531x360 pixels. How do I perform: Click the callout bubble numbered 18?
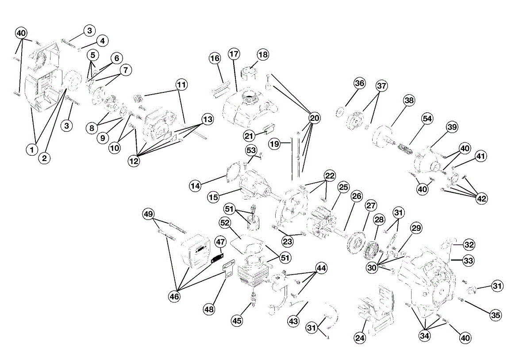pos(263,55)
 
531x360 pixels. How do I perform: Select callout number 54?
pos(427,119)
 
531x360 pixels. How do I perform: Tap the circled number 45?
pos(237,321)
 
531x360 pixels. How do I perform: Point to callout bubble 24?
pos(360,338)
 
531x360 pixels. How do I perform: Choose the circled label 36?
pos(360,83)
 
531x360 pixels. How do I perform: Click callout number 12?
pos(134,161)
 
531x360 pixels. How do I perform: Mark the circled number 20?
pos(315,118)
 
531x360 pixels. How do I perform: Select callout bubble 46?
pos(174,296)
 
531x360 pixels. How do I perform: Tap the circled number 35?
pos(496,315)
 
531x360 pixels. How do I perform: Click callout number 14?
pos(195,186)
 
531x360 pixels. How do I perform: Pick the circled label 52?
pos(225,223)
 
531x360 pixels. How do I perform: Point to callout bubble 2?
pos(44,158)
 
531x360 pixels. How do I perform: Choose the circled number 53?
pos(251,150)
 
